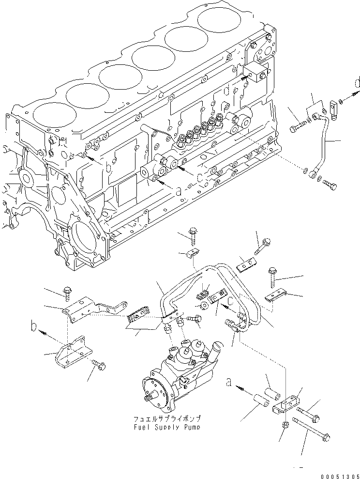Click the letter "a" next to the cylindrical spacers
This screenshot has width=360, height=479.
229,383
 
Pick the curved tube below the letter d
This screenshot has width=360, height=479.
325,140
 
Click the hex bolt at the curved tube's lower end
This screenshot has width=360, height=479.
330,185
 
